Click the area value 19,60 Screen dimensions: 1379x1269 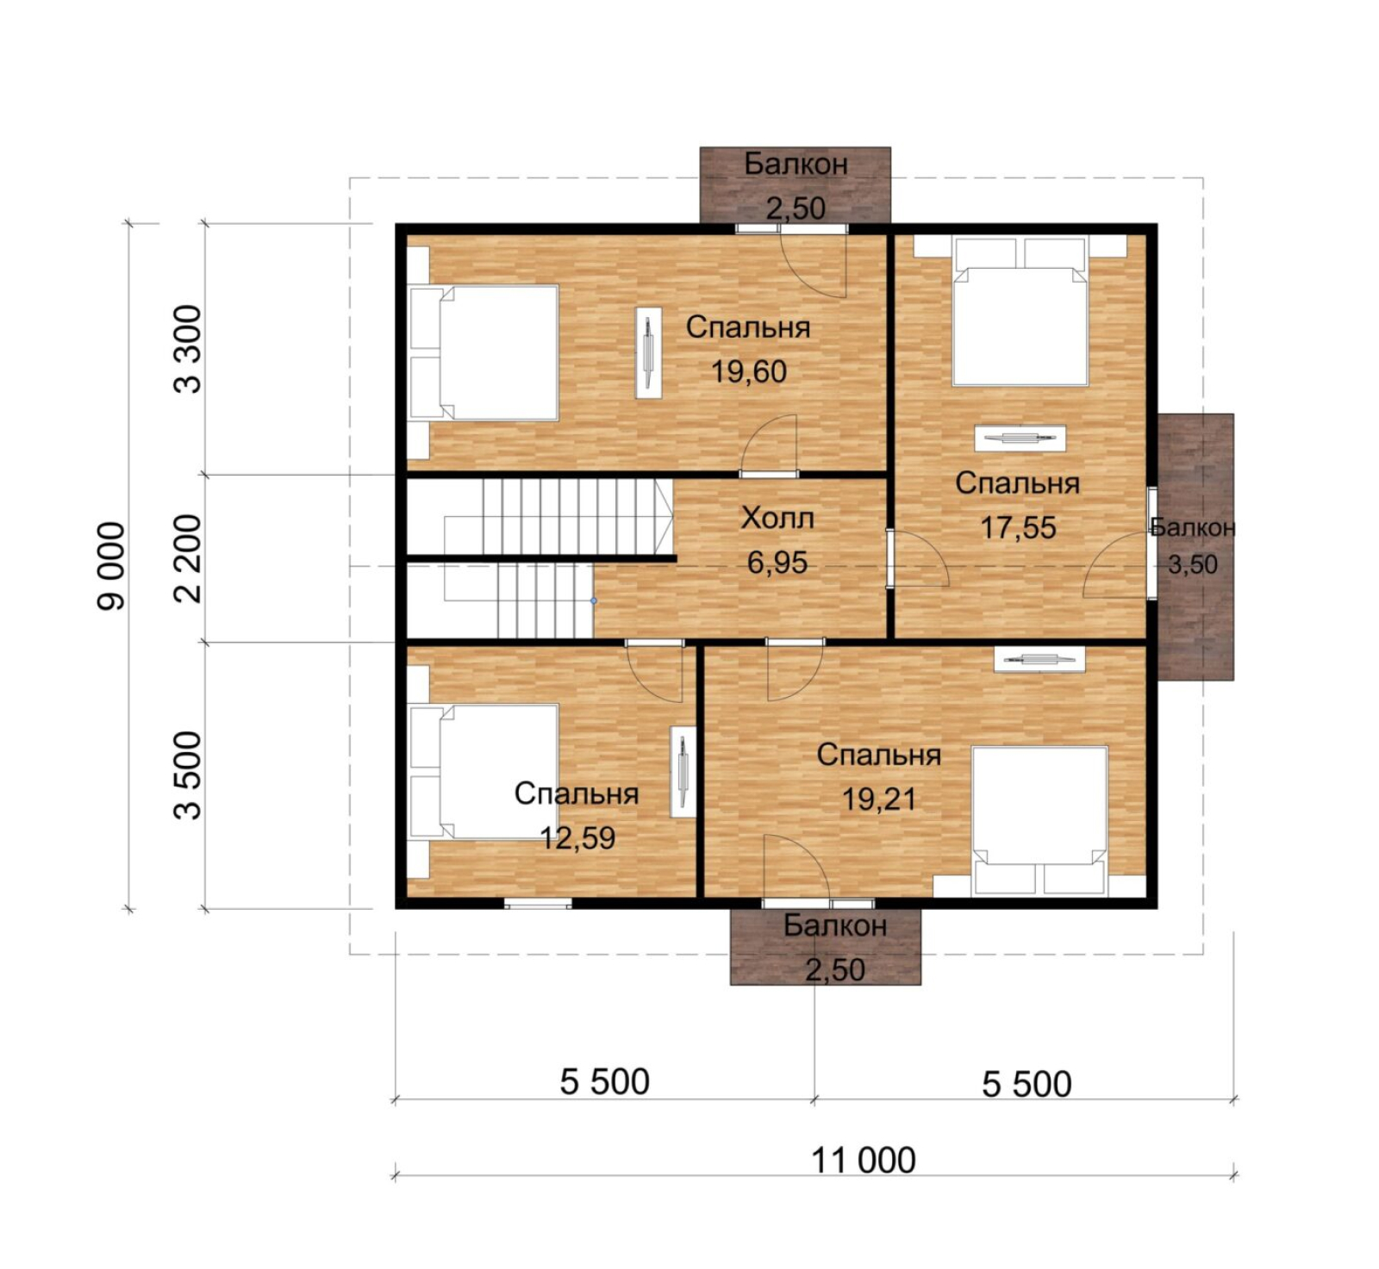[748, 371]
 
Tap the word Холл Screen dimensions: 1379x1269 [777, 518]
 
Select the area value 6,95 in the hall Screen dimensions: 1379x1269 [777, 563]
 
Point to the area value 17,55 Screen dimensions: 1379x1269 [1018, 527]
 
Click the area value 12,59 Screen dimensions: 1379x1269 [577, 837]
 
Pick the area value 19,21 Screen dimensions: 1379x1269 [879, 799]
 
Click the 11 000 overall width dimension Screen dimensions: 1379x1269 [864, 1160]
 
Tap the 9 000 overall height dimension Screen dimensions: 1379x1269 [112, 566]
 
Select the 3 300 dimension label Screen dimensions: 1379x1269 [188, 349]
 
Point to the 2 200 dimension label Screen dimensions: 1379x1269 [188, 558]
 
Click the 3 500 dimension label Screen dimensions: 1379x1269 [188, 774]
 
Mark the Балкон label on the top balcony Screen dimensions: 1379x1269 [796, 164]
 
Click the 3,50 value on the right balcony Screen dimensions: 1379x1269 [1193, 565]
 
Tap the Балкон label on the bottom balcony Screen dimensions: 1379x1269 [835, 925]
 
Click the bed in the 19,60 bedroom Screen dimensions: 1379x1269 [484, 352]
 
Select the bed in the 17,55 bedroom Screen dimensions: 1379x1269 [1020, 312]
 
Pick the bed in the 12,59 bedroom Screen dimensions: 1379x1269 [484, 772]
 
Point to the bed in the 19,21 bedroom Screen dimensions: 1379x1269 [1039, 821]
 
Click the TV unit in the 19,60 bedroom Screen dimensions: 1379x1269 [649, 352]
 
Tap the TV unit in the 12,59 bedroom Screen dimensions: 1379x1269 [683, 772]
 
